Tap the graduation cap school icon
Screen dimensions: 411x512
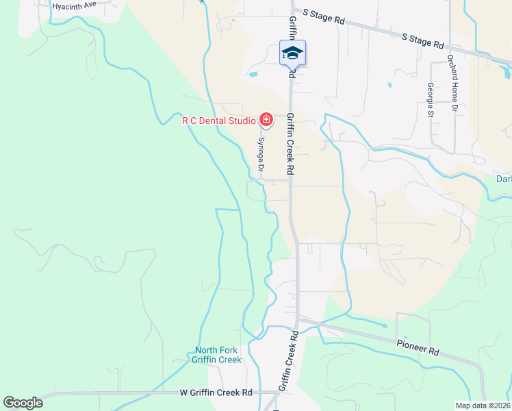coord(292,53)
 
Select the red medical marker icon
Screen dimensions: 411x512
coord(266,121)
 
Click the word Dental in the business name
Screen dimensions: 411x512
coord(213,121)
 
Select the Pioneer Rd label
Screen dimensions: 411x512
coord(418,348)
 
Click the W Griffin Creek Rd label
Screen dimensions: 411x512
coord(216,393)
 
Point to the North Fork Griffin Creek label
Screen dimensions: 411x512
coord(216,355)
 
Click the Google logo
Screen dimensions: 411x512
coord(23,403)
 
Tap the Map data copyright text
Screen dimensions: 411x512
coord(483,406)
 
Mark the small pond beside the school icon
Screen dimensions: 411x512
coord(253,73)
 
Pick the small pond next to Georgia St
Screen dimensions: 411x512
coord(389,85)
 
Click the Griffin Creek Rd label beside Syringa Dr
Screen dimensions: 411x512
coord(290,144)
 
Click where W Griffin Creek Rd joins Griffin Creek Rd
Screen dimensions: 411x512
coord(279,393)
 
